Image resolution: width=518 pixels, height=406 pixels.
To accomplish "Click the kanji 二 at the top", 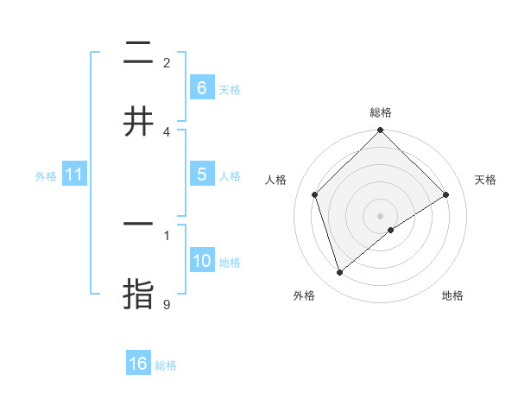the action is tap(138, 54).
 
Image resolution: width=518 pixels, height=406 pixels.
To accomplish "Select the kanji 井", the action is tap(138, 122).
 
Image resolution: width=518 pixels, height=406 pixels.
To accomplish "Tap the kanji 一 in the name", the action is tap(138, 224).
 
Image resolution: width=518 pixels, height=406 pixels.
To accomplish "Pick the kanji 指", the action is tap(138, 293).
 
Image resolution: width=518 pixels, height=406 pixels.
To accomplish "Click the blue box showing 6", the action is tap(201, 87).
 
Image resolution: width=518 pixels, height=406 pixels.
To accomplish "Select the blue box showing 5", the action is tap(201, 174).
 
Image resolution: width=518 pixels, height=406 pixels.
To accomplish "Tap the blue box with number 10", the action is tap(201, 261).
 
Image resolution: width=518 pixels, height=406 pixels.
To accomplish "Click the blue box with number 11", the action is tap(74, 174).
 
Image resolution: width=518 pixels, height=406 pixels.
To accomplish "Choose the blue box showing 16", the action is tap(138, 364).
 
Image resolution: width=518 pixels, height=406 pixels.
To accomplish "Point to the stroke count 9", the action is tap(167, 304).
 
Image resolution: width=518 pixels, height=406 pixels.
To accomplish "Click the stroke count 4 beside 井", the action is tap(167, 131).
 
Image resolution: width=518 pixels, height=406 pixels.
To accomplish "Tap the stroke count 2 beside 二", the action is tap(167, 63).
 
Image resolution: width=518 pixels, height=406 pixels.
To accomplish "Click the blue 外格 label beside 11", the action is tap(46, 175).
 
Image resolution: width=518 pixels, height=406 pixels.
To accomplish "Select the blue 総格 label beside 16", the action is tap(166, 365).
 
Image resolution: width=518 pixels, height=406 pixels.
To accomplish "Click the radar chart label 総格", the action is tap(381, 112).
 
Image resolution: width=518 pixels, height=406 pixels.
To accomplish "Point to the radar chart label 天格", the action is tap(486, 180).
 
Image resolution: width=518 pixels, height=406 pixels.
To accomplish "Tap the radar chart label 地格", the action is tap(452, 295).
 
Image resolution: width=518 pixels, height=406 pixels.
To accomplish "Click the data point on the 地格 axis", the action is tap(391, 230).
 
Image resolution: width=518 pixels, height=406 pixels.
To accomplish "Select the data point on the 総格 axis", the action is tap(381, 131).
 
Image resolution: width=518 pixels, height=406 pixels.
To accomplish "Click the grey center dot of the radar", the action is tap(381, 215).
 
